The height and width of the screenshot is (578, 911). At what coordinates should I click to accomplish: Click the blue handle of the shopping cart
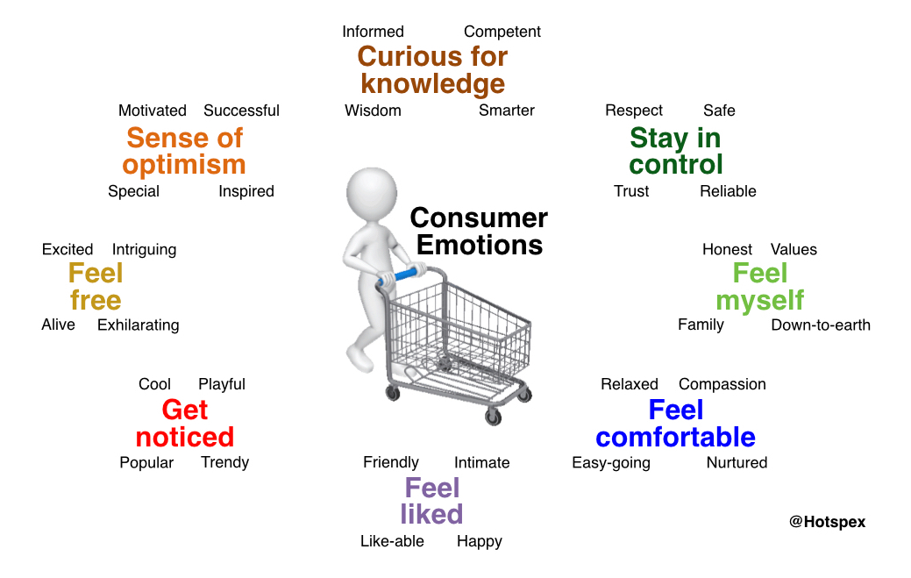398,276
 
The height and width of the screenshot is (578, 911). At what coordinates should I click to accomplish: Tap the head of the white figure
372,194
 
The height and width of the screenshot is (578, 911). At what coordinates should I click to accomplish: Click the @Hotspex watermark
828,522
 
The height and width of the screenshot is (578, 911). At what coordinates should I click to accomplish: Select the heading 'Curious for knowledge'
433,70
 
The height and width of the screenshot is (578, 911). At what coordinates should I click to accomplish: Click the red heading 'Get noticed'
185,424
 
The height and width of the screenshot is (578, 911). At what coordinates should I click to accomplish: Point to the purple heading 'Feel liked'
431,501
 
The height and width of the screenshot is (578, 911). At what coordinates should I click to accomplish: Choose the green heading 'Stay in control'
676,151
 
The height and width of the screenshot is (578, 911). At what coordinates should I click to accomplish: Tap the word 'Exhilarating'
139,325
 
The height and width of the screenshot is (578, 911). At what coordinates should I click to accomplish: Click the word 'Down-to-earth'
821,325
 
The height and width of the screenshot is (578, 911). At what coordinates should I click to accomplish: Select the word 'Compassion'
722,384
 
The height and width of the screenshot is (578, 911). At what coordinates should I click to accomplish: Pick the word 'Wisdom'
373,111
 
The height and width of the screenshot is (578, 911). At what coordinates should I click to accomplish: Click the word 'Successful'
241,111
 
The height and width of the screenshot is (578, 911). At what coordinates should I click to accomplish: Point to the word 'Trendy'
224,462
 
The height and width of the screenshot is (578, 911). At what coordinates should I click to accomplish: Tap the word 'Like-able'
392,541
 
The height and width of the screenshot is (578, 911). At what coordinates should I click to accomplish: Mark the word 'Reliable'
728,191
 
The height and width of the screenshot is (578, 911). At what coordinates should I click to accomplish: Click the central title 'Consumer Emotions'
479,232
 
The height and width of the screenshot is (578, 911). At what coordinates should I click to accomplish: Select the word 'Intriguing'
144,250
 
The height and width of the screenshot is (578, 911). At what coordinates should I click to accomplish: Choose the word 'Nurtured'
737,462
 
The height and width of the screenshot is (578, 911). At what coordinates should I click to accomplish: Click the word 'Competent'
502,32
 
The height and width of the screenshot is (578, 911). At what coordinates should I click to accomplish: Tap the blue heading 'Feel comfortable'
676,424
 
